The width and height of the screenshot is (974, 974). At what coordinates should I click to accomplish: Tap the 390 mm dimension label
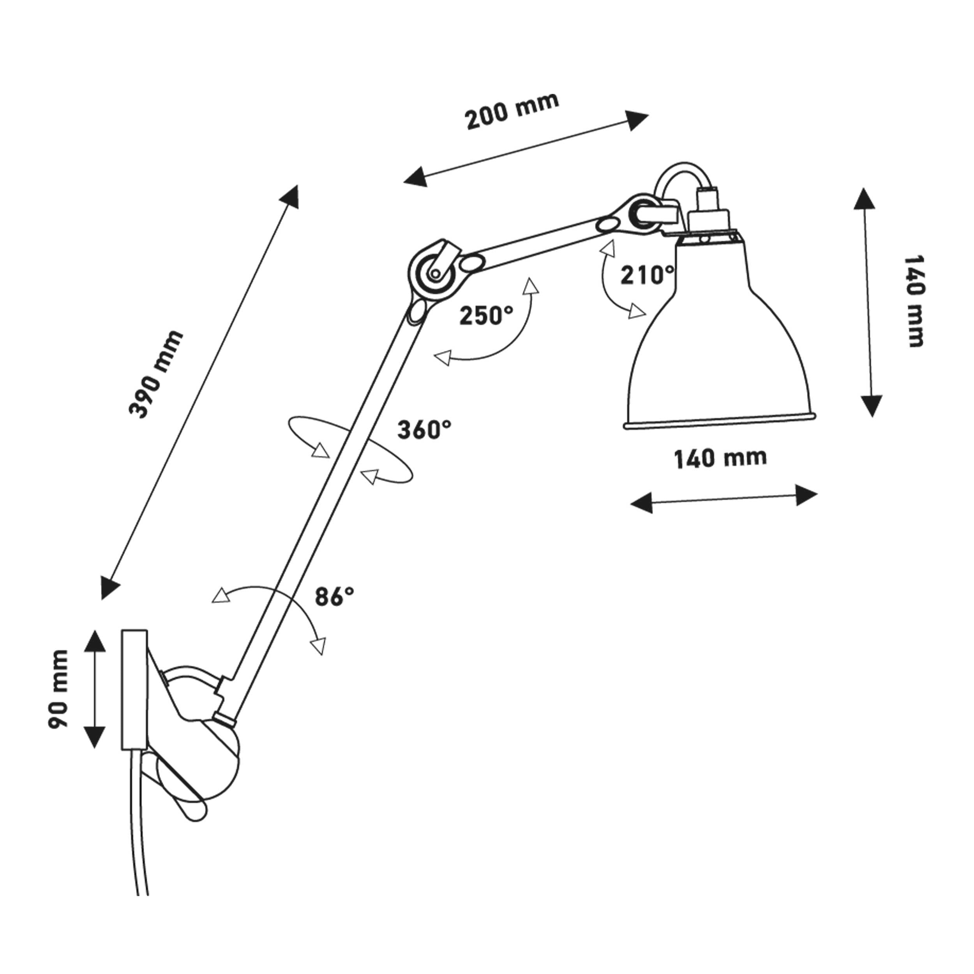pos(155,374)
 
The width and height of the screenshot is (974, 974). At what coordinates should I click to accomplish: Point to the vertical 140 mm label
pos(914,301)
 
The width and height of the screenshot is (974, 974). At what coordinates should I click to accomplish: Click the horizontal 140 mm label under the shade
pos(720,458)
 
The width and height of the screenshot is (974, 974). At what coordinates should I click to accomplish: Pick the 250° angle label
pos(486,316)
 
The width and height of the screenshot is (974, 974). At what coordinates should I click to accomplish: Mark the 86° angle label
pos(334,596)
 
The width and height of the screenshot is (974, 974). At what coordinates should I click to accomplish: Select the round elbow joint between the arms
pos(432,273)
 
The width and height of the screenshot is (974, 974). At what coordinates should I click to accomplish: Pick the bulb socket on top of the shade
pos(708,212)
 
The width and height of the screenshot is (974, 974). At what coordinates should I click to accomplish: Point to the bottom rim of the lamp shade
pos(720,422)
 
